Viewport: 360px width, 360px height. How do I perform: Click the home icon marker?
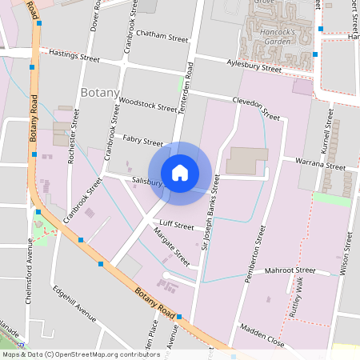180,173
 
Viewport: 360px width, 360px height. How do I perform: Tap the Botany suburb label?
100,92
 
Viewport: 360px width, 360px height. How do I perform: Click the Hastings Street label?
74,57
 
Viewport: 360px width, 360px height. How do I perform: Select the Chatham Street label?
162,37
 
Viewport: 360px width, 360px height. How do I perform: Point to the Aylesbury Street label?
254,67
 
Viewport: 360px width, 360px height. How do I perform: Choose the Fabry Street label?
143,140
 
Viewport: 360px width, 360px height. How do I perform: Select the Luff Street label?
177,226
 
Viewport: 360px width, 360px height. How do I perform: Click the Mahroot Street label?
291,272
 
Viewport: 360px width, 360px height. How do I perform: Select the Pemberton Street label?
259,240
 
